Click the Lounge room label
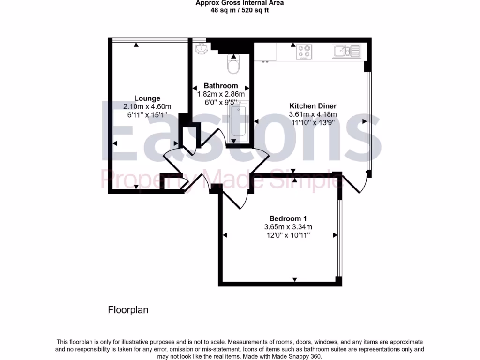coord(147,98)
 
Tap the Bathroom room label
coord(221,86)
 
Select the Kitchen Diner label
coord(313,106)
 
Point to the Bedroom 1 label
coord(288,218)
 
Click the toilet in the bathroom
coord(233,64)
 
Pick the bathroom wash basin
coord(202,48)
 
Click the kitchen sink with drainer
coord(346,51)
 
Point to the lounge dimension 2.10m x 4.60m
coord(147,106)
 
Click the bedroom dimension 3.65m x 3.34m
coord(288,227)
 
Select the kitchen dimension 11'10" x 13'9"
coord(313,122)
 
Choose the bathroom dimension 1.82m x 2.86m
coord(221,94)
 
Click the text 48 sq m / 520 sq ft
coord(240,10)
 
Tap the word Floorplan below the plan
coord(128,310)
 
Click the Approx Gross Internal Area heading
coord(240,3)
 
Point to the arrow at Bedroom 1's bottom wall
coord(295,280)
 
